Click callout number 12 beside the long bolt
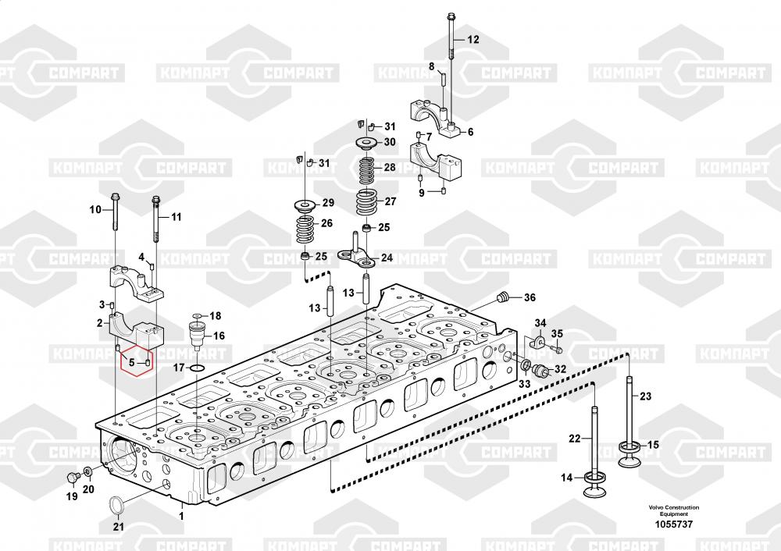pyautogui.click(x=473, y=39)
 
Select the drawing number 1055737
pyautogui.click(x=673, y=524)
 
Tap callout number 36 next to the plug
pyautogui.click(x=530, y=297)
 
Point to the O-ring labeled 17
pyautogui.click(x=198, y=368)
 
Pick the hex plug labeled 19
pyautogui.click(x=72, y=478)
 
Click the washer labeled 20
pyautogui.click(x=87, y=471)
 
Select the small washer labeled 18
pyautogui.click(x=197, y=316)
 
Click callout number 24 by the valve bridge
pyautogui.click(x=387, y=258)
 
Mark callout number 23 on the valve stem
pyautogui.click(x=645, y=396)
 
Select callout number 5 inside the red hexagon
pyautogui.click(x=131, y=362)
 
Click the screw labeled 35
pyautogui.click(x=558, y=349)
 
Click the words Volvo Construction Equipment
pyautogui.click(x=673, y=510)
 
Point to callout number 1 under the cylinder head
pyautogui.click(x=181, y=516)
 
